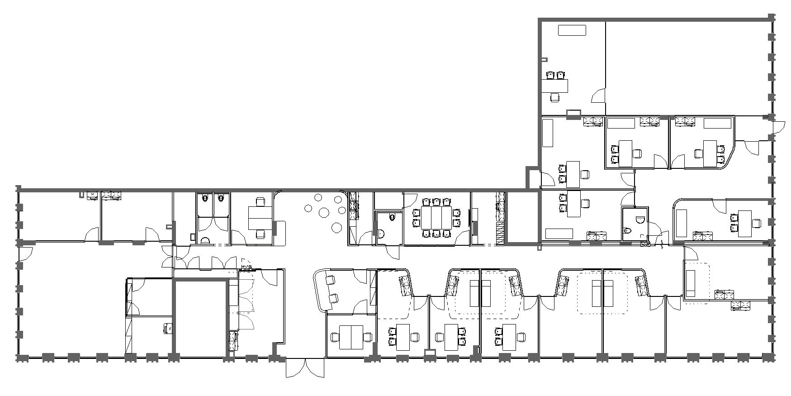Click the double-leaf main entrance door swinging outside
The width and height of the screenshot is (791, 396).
305,367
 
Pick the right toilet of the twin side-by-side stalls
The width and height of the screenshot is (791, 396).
220,198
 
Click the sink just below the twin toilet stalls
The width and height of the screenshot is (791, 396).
205,240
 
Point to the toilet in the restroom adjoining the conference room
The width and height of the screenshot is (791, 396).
392,218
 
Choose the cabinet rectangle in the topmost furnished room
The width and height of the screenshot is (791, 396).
572,30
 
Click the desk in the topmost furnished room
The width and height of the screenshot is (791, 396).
554,85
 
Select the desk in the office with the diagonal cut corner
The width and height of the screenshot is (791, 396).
709,153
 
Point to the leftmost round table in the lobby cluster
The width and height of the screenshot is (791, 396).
308,209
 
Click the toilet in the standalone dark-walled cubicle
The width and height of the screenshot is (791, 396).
639,220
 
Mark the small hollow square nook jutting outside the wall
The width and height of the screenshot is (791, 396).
532,178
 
